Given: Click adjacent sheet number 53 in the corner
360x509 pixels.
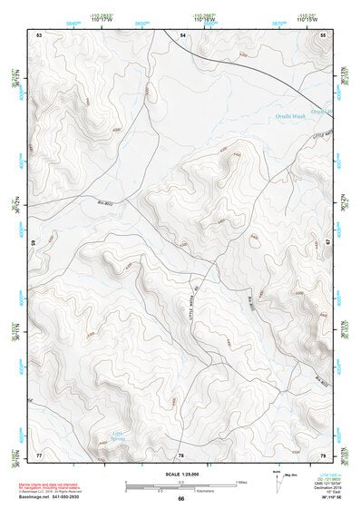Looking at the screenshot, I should pos(39,34).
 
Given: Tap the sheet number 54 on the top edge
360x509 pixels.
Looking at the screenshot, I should pos(181,34).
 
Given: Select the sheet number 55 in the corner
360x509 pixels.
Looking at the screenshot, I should pos(324,34).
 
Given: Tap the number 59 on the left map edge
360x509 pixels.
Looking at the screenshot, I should pos(34,243).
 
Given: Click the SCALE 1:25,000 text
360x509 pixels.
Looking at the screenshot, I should pos(180,473).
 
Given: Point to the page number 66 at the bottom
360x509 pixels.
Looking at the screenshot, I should pos(180,499).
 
